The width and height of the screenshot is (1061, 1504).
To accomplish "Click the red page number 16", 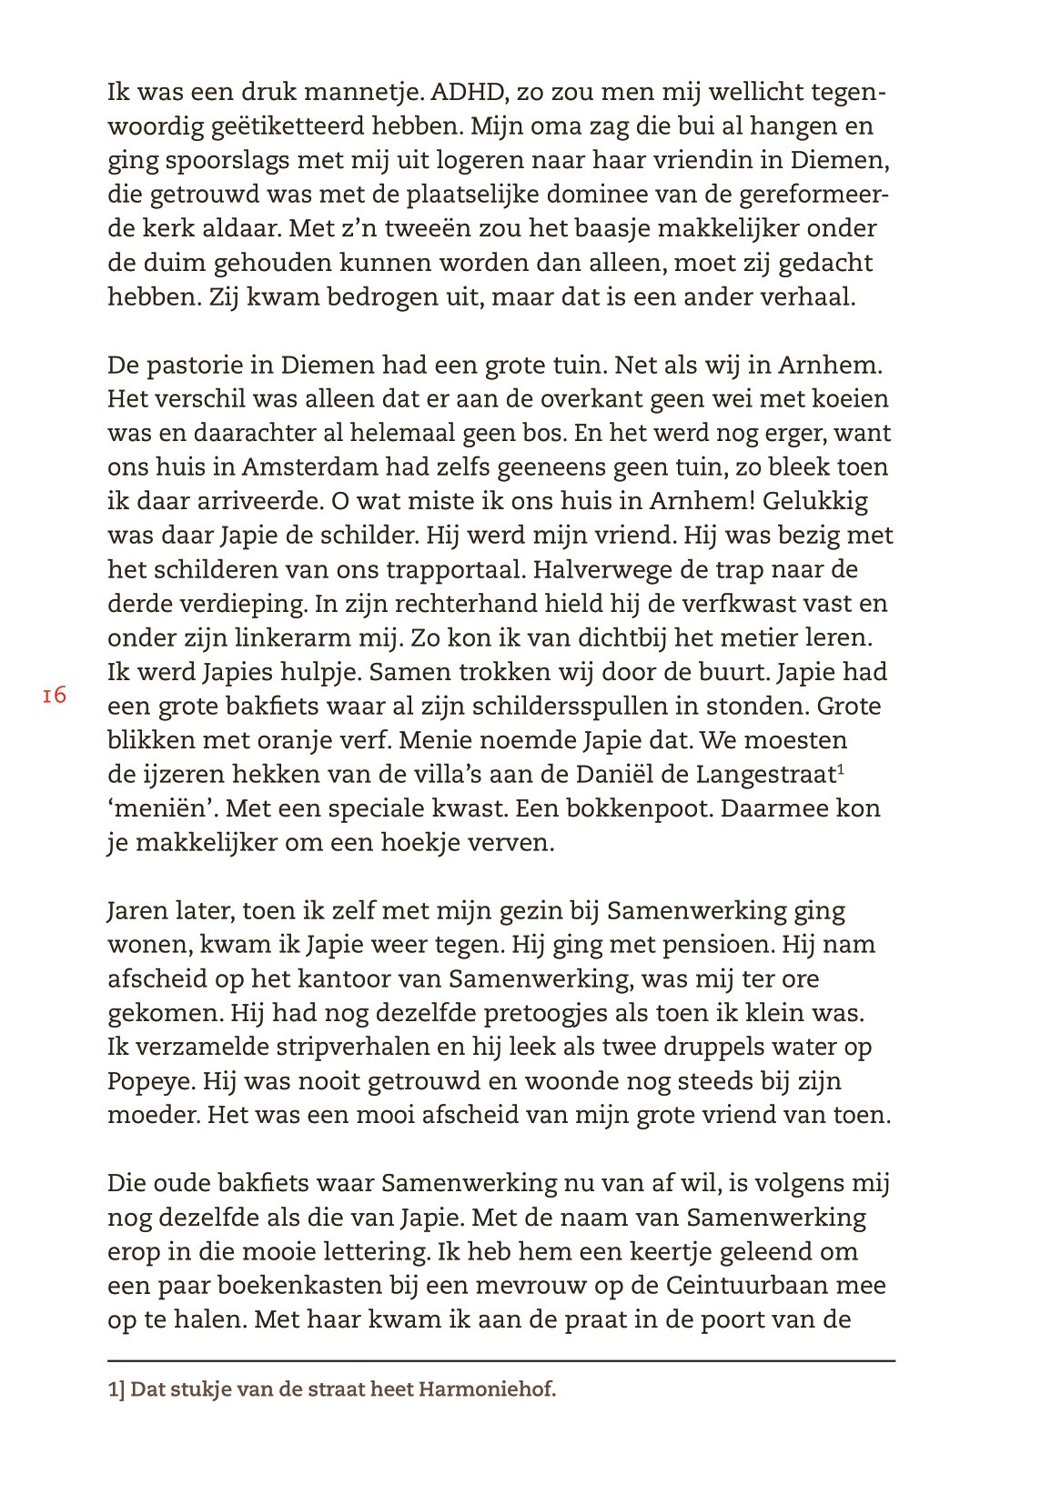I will click(54, 696).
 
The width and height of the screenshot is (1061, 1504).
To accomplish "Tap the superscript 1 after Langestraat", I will click(842, 770).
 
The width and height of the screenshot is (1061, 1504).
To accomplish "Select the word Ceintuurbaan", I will click(775, 1286).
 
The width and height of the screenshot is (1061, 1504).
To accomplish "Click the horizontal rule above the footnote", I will click(501, 1360).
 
